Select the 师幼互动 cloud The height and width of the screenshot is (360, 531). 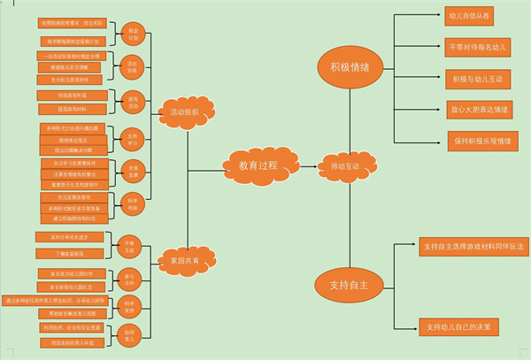click(344, 165)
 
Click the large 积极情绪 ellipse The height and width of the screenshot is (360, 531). click(350, 66)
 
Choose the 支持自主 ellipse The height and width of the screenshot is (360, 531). click(348, 285)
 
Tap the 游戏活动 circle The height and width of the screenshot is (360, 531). click(133, 101)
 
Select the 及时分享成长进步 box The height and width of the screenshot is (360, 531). click(68, 237)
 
